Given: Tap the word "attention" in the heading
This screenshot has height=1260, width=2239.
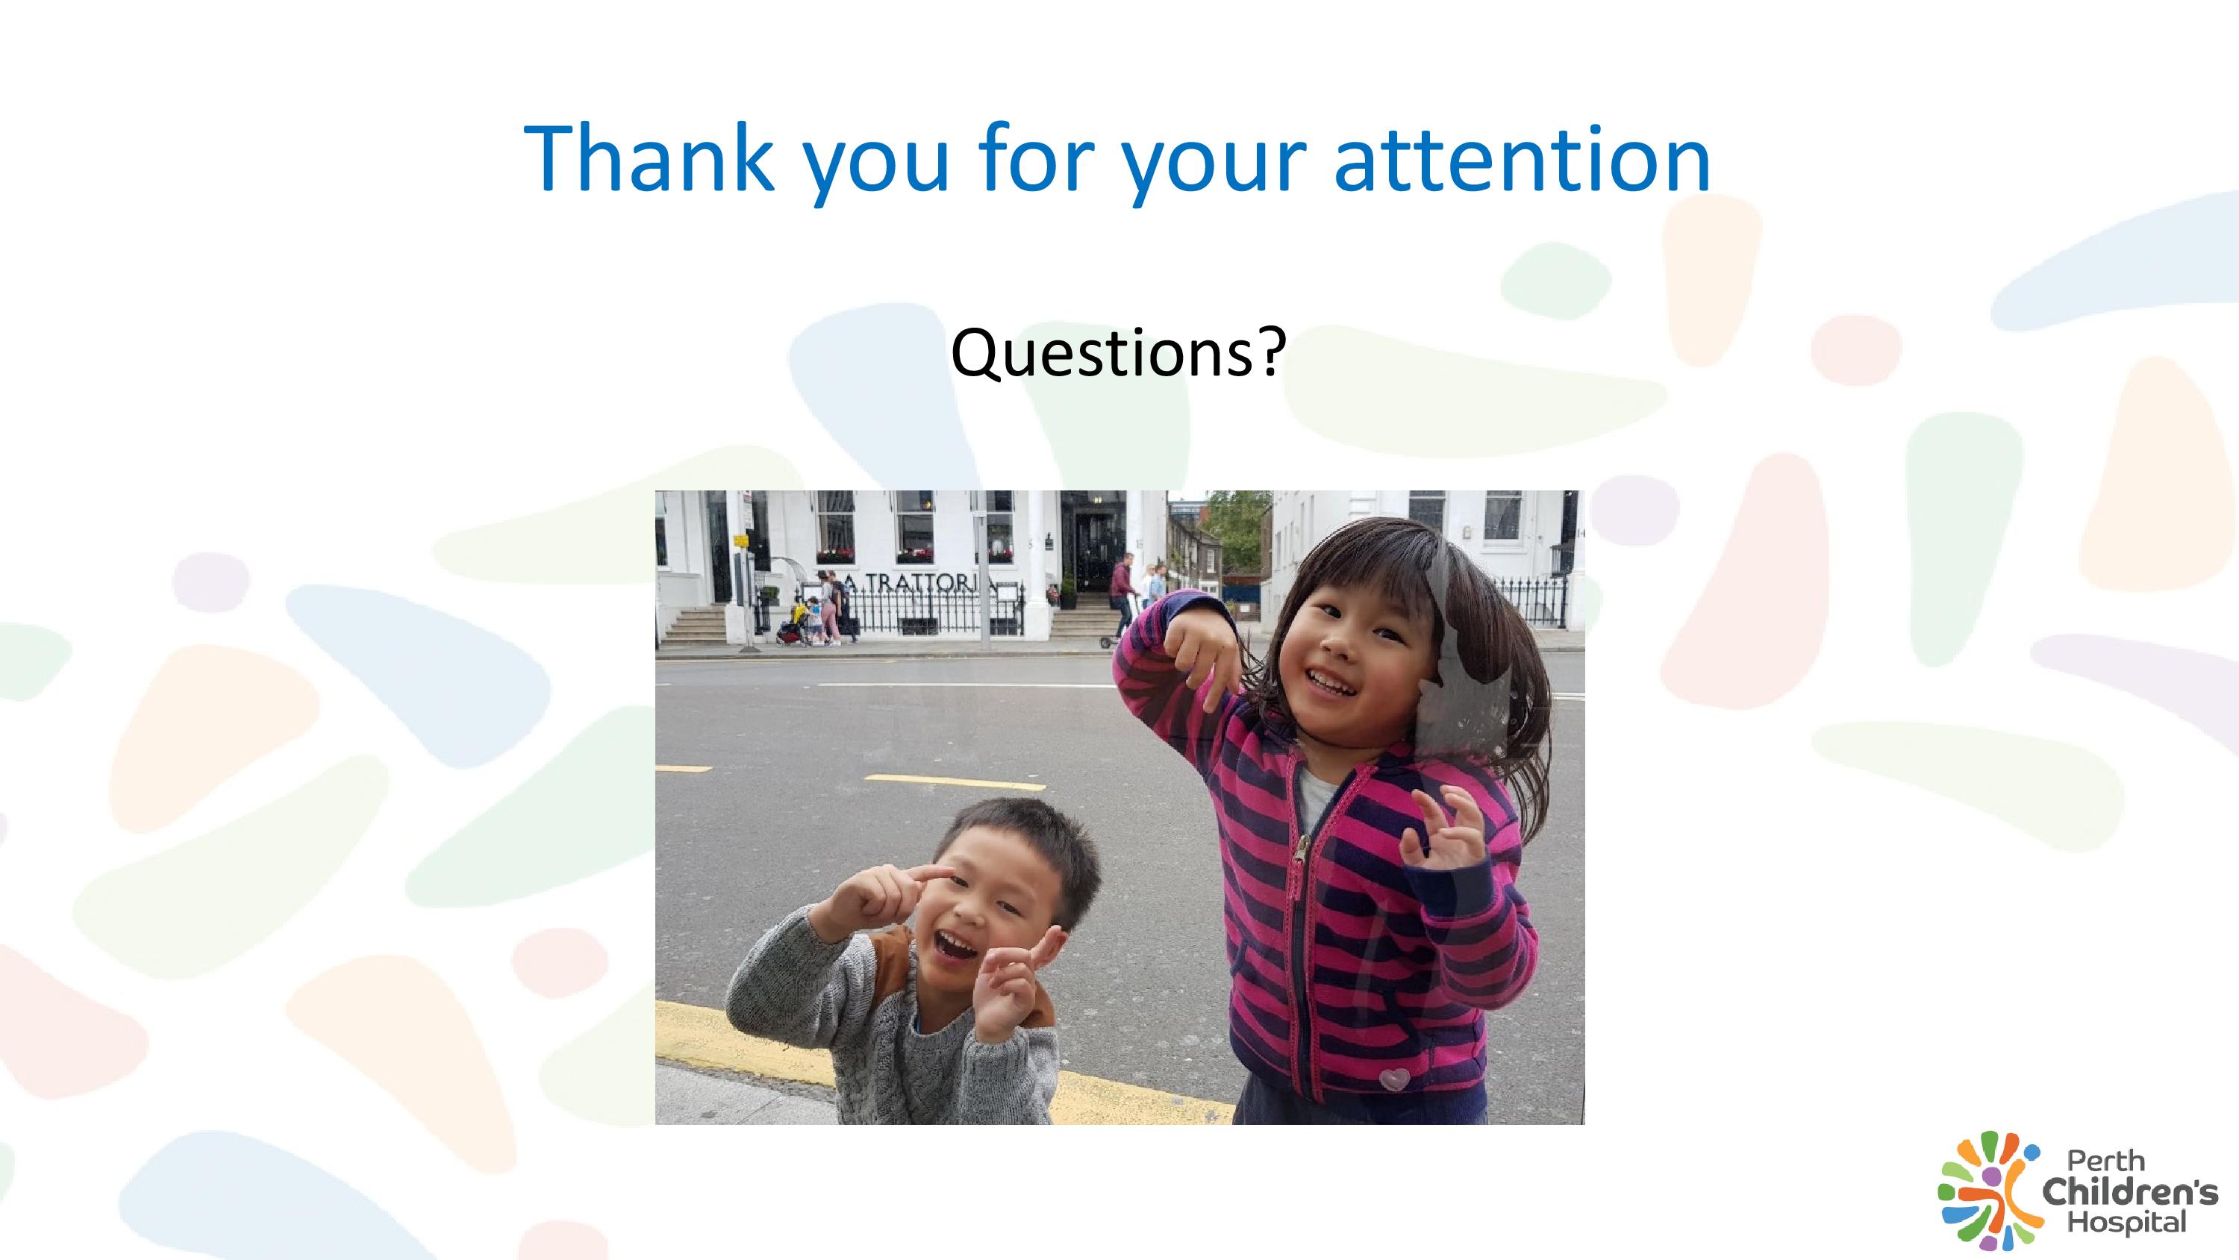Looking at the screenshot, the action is tap(1522, 159).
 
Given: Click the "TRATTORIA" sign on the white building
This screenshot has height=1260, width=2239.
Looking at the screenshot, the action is tap(920, 585).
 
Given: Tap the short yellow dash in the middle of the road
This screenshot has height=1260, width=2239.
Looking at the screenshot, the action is tap(955, 782).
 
